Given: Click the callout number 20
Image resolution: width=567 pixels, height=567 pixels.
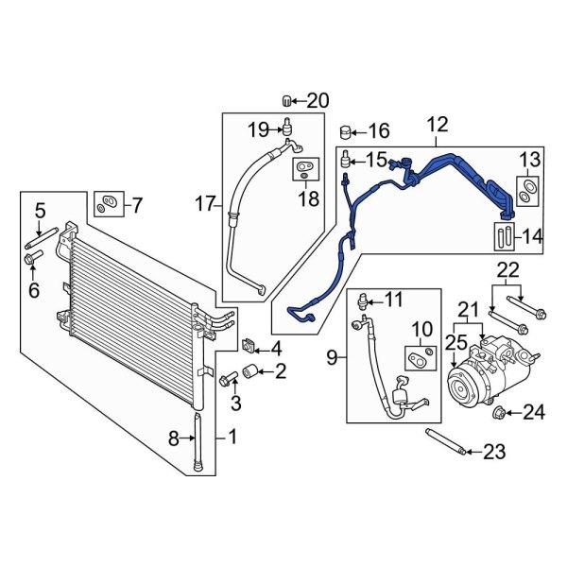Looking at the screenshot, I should (x=318, y=100).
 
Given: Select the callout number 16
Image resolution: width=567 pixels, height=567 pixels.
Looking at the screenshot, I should (x=378, y=130).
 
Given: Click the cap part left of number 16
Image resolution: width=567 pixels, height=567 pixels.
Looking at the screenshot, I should (x=347, y=129).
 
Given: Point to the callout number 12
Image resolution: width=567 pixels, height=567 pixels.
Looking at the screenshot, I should (x=437, y=125).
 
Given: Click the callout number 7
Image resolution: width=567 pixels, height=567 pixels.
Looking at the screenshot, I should (x=137, y=203).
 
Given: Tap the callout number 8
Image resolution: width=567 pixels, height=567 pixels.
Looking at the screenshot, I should (x=173, y=437).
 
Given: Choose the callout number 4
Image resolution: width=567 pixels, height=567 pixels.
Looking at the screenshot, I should (x=277, y=349).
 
